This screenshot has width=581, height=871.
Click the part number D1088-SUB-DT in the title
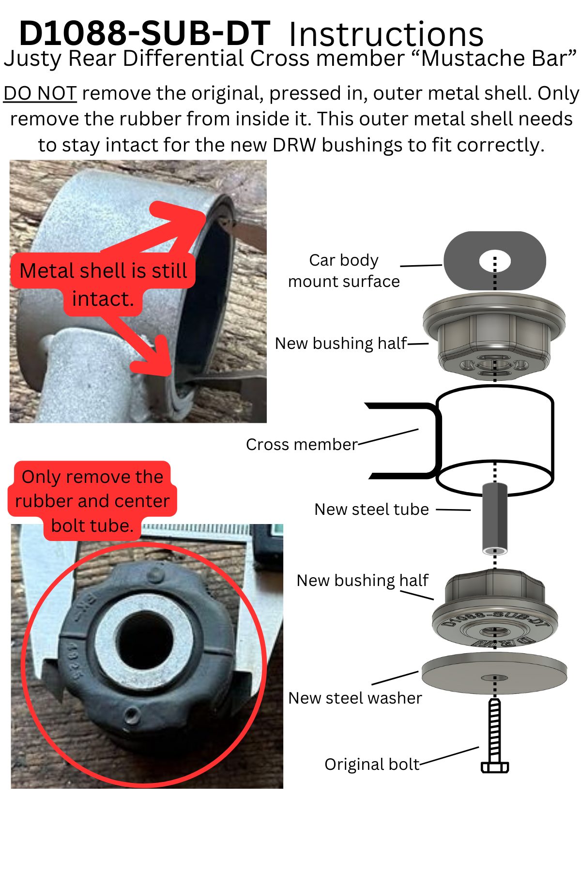tap(144, 34)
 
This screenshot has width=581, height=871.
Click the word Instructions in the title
tap(386, 35)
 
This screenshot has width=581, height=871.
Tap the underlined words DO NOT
tap(40, 93)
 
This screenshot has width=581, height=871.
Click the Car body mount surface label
tap(344, 270)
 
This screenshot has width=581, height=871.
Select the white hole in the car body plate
tap(495, 261)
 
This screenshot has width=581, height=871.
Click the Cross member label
tap(302, 444)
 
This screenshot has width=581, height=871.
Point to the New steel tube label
tap(371, 509)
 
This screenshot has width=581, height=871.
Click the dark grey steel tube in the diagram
tap(495, 518)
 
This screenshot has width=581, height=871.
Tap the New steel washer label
tap(355, 698)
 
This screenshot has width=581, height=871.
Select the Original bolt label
tap(372, 764)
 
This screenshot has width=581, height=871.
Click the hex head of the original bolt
tap(495, 767)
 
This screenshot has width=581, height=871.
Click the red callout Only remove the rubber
tap(92, 501)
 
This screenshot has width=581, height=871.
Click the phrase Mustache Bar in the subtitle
tap(499, 59)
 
